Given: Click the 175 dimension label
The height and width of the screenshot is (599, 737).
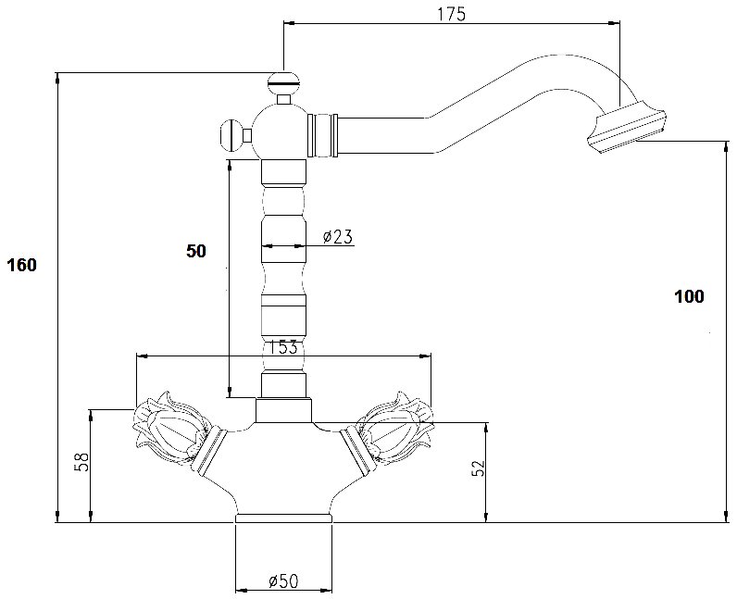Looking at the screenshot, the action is pyautogui.click(x=451, y=14).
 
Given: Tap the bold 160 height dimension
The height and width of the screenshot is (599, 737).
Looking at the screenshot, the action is pyautogui.click(x=21, y=265).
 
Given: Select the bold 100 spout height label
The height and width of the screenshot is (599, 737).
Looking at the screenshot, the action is pyautogui.click(x=689, y=296).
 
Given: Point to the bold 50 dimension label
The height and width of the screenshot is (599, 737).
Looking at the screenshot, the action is pyautogui.click(x=196, y=251).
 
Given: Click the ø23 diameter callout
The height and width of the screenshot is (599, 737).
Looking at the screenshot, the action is pyautogui.click(x=337, y=236).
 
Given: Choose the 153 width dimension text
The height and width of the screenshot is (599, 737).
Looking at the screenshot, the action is pyautogui.click(x=283, y=347).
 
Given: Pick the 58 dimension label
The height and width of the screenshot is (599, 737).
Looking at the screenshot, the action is pyautogui.click(x=81, y=462).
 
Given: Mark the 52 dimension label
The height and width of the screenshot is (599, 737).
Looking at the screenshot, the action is pyautogui.click(x=477, y=468).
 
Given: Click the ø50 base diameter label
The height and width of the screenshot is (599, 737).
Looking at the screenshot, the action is pyautogui.click(x=283, y=581).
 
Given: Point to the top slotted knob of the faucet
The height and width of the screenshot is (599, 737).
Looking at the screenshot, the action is pyautogui.click(x=283, y=81).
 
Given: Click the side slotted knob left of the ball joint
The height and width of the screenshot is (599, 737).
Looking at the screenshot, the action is pyautogui.click(x=231, y=136).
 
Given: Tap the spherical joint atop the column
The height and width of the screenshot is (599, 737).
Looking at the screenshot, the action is pyautogui.click(x=280, y=132).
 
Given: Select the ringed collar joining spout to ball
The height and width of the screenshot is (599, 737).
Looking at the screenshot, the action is pyautogui.click(x=322, y=134).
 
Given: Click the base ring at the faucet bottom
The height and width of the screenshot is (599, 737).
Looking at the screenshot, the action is pyautogui.click(x=283, y=518).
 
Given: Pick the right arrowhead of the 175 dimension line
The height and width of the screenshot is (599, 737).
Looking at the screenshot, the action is pyautogui.click(x=614, y=22).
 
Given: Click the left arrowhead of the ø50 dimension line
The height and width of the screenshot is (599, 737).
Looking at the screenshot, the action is pyautogui.click(x=241, y=591).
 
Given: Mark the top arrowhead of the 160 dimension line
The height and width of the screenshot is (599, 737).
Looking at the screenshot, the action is pyautogui.click(x=57, y=79).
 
